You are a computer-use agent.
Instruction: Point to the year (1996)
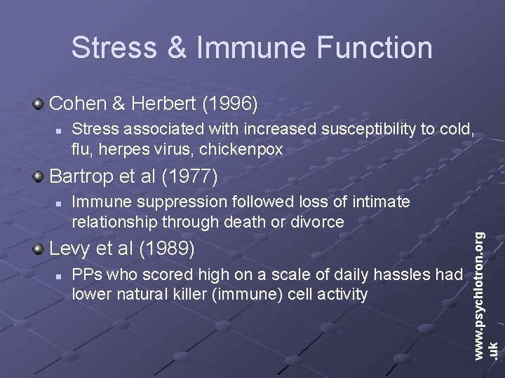pos(230,105)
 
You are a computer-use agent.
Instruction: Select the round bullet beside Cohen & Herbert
pos(39,105)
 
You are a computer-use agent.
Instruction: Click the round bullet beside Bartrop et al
pos(39,176)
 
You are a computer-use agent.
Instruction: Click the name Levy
pos(67,248)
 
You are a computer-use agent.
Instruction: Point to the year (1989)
pos(168,248)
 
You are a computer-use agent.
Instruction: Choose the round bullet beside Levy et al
pos(39,248)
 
